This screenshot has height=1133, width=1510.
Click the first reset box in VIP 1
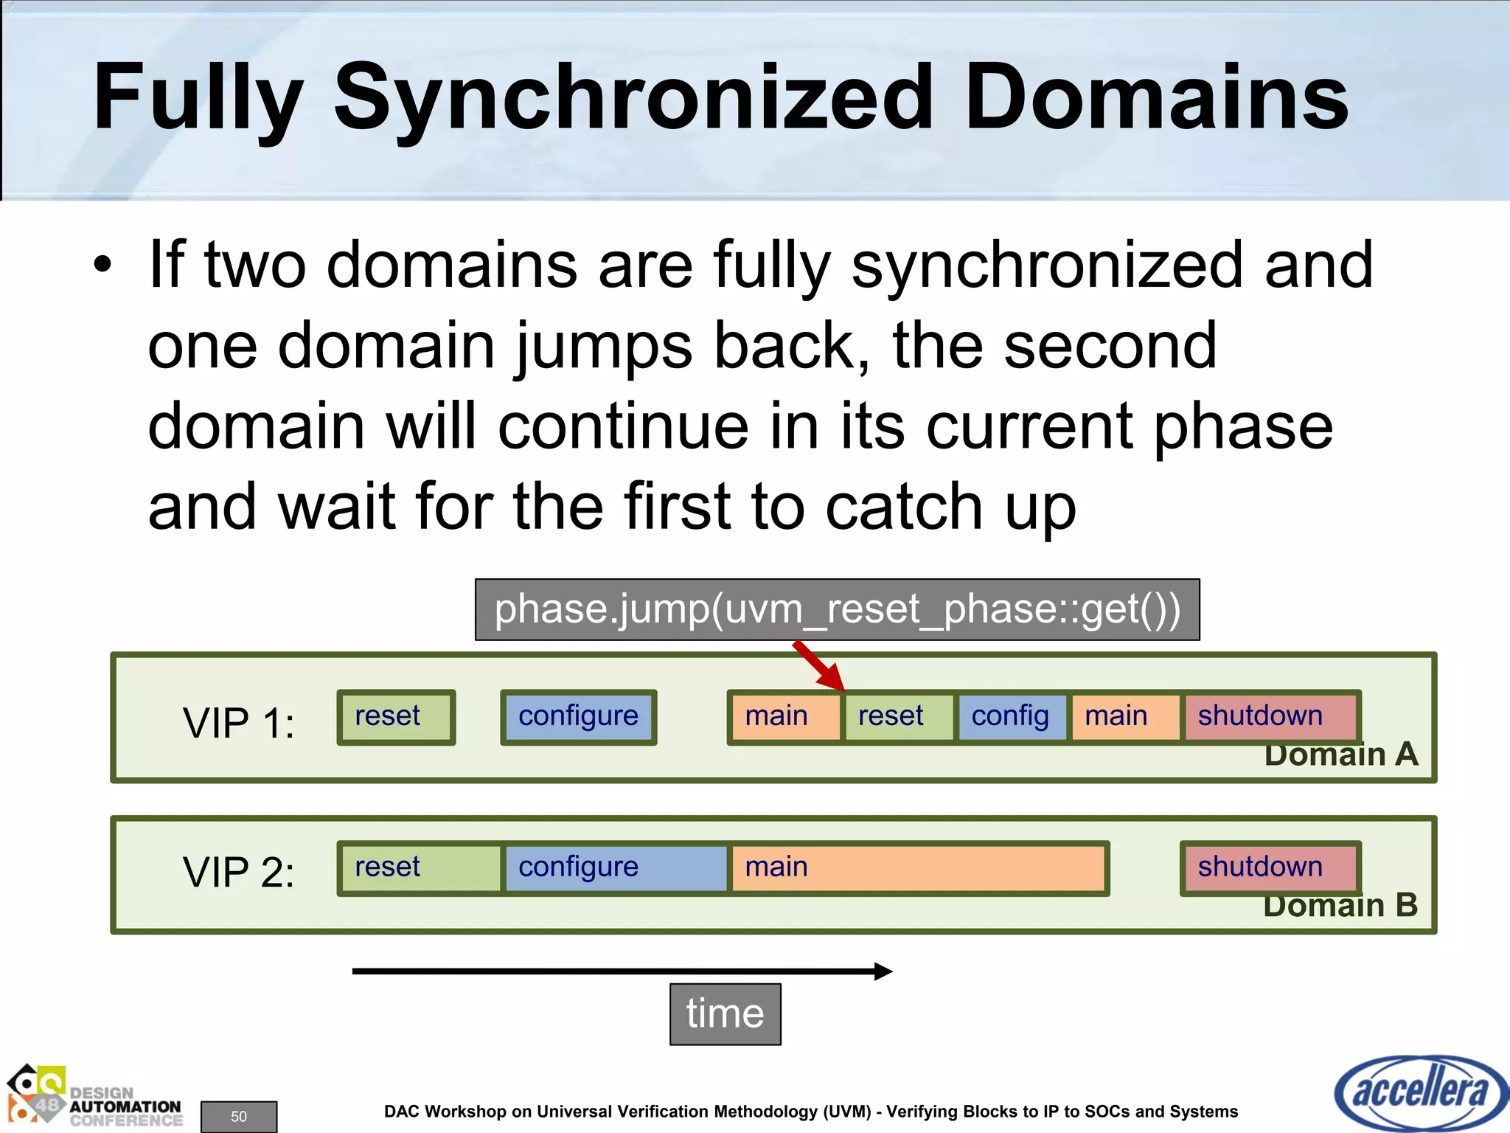tap(396, 717)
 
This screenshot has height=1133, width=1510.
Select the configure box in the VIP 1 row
tap(578, 717)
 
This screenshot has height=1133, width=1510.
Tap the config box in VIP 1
tap(1011, 717)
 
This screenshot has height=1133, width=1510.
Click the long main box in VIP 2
tap(918, 868)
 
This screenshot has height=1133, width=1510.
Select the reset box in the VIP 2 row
tap(420, 868)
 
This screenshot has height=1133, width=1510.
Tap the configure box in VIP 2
tap(616, 868)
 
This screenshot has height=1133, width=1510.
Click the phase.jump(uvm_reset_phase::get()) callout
tap(837, 610)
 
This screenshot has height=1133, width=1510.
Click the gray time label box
tap(725, 1014)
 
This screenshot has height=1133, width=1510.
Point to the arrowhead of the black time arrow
tap(884, 971)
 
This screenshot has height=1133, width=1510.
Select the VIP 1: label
tap(238, 723)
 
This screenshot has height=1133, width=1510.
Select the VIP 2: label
tap(238, 873)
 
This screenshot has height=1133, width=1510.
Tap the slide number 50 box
tap(239, 1116)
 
